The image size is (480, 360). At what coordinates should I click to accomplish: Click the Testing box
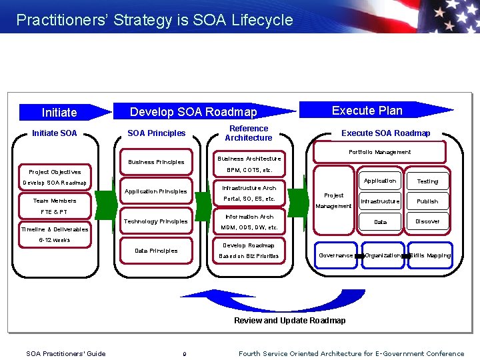click(427, 181)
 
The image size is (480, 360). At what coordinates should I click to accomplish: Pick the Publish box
click(427, 201)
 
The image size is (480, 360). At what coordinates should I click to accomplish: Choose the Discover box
click(427, 221)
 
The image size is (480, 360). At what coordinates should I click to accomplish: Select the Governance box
click(336, 255)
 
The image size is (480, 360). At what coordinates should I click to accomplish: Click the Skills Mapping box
click(431, 255)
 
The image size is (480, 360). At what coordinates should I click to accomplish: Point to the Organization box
click(383, 255)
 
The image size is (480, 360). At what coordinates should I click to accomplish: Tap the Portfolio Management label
click(379, 152)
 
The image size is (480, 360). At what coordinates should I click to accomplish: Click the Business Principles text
click(156, 162)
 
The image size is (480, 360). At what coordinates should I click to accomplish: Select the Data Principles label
click(156, 251)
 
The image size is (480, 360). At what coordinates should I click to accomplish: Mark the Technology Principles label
click(156, 221)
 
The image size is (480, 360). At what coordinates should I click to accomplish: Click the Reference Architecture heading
click(248, 133)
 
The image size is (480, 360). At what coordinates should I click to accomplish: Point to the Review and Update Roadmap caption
click(289, 321)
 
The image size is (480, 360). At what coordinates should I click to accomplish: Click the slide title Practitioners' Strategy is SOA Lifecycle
click(155, 20)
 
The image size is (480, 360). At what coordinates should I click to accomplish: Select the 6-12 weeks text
click(54, 240)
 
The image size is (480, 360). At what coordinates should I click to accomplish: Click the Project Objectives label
click(55, 172)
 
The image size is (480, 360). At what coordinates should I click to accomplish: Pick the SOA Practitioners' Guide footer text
click(65, 353)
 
